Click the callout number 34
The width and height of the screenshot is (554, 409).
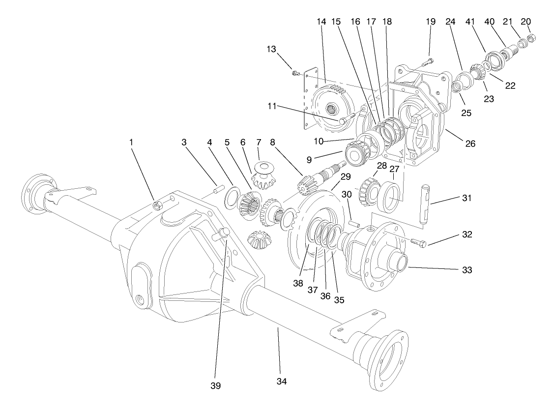281,381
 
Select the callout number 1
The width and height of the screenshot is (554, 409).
131,142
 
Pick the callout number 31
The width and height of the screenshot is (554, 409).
466,199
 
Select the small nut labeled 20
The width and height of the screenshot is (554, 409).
531,38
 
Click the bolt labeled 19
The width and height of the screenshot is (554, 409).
427,61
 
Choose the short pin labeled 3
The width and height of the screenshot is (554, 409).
220,187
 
